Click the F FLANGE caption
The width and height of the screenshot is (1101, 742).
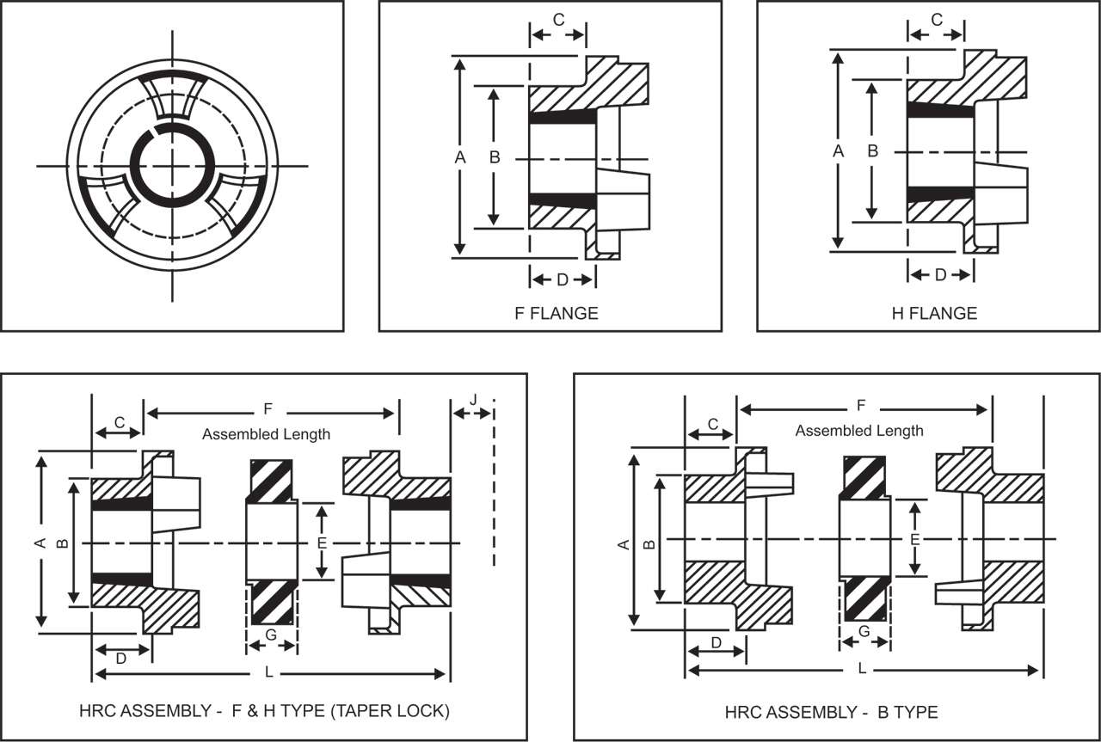(556, 314)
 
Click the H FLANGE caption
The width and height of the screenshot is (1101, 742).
(934, 314)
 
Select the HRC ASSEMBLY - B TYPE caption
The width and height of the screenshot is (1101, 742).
(831, 712)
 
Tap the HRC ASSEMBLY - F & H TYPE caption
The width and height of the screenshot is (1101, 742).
(262, 711)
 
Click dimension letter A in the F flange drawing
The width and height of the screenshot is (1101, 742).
(459, 157)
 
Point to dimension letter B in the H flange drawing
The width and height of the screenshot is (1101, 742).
(872, 150)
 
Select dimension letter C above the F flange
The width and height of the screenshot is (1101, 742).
(558, 21)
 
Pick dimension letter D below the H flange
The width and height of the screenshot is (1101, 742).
(940, 274)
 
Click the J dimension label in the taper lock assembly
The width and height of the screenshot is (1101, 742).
(473, 399)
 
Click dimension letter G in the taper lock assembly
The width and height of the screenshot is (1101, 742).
(271, 635)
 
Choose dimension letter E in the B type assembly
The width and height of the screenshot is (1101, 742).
(915, 539)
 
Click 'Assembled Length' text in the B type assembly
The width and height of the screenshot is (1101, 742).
(859, 431)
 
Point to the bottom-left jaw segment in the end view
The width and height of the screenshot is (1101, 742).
(108, 202)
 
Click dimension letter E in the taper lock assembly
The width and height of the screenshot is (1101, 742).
(322, 543)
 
